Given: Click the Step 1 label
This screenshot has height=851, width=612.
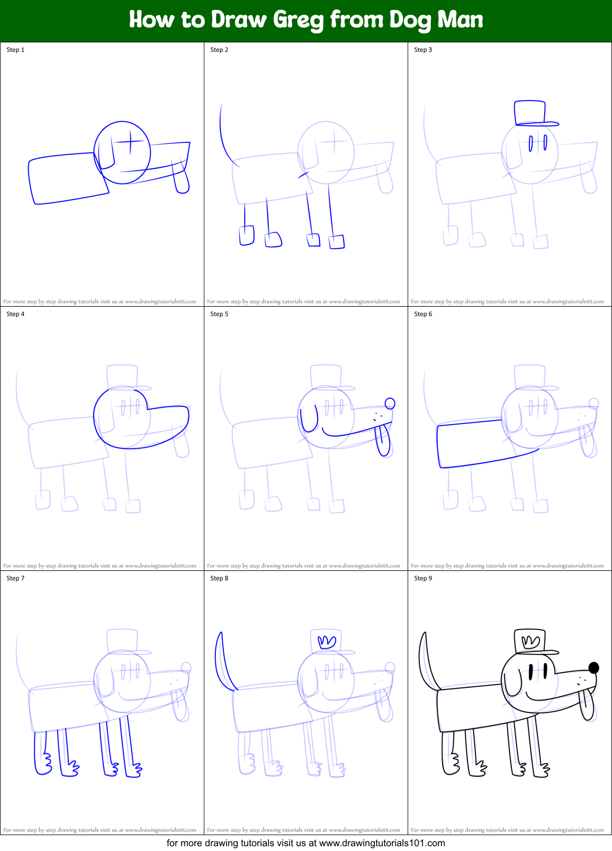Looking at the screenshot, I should click(15, 50).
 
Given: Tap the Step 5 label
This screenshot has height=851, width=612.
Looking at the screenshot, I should click(219, 314).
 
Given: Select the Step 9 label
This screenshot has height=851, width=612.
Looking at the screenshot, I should click(423, 578).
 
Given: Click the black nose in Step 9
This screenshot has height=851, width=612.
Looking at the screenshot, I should click(593, 668).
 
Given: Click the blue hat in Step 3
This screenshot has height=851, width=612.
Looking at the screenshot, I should click(531, 113).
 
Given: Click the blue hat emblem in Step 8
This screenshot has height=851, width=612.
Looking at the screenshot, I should click(327, 642).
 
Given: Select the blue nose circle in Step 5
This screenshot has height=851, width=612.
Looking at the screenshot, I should click(390, 404).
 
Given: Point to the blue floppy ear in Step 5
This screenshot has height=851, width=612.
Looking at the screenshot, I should click(309, 419).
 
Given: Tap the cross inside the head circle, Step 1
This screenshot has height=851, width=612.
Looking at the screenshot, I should click(129, 141).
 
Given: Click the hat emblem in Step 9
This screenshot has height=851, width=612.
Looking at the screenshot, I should click(530, 642).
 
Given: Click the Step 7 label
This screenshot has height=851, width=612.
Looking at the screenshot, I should click(15, 578).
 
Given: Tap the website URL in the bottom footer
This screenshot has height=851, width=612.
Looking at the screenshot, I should click(382, 843).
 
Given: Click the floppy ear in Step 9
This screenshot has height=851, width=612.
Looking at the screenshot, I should click(512, 683).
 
